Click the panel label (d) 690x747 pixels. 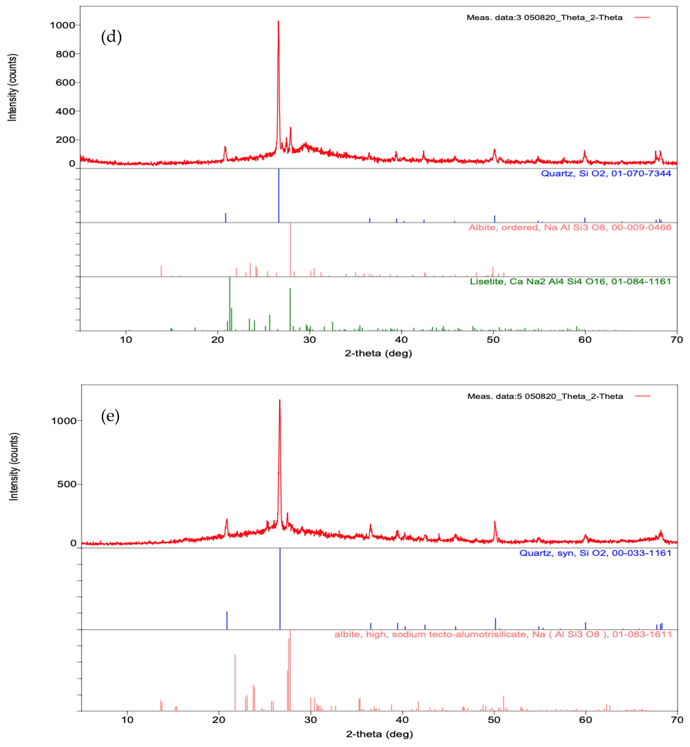pyautogui.click(x=111, y=37)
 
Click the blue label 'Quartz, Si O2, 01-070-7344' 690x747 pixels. pyautogui.click(x=606, y=173)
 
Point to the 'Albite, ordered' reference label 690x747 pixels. pyautogui.click(x=570, y=227)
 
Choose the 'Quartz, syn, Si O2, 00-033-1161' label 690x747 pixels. pyautogui.click(x=595, y=553)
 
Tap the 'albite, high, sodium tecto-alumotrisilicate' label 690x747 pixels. pyautogui.click(x=503, y=634)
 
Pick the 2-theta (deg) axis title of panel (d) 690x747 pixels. pyautogui.click(x=378, y=353)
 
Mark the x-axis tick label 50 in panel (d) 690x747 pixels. pyautogui.click(x=493, y=339)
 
